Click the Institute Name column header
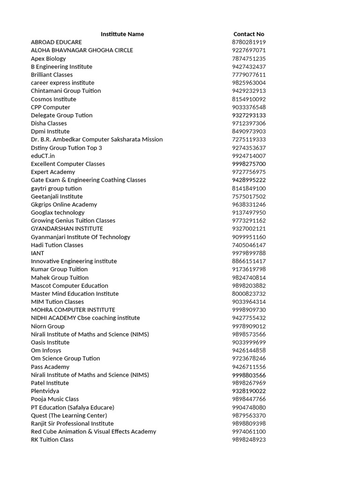point(122,34)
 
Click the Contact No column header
point(249,34)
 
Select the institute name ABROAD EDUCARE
point(56,42)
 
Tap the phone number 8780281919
point(249,42)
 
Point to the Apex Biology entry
point(48,59)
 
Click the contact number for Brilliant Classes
point(249,75)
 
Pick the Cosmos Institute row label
point(53,99)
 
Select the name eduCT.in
point(43,156)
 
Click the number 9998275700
point(249,164)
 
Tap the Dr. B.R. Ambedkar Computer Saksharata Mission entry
point(97,139)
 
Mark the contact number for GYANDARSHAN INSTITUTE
point(249,229)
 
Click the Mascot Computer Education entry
point(69,285)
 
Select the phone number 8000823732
point(249,294)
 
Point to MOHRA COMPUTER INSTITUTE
point(73,310)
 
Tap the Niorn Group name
point(48,326)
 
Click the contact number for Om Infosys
point(249,351)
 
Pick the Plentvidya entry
point(45,391)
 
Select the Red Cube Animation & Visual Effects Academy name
point(93,432)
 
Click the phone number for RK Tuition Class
point(249,440)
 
